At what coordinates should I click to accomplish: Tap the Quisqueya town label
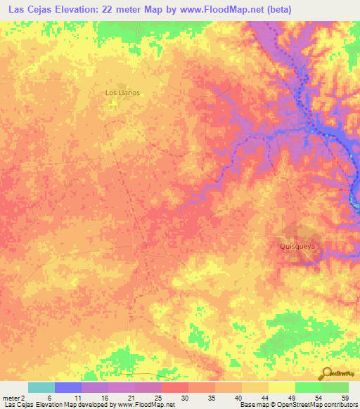296,247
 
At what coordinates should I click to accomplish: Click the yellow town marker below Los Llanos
113,105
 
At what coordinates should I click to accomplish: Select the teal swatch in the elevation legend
41,387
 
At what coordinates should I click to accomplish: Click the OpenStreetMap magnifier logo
328,372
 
